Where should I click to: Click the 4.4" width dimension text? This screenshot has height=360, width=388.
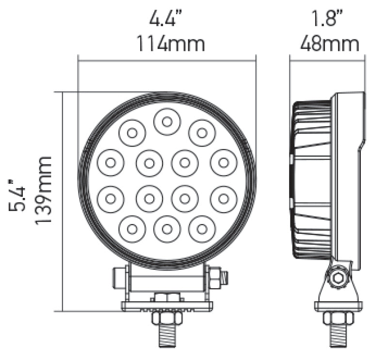(x=167, y=19)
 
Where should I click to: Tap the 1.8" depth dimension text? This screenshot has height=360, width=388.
(x=328, y=19)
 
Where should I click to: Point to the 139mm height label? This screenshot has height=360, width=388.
(x=44, y=190)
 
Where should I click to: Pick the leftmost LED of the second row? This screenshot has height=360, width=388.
(x=110, y=163)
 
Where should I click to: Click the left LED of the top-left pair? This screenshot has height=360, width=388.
(x=132, y=132)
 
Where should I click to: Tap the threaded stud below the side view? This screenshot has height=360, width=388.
(x=338, y=335)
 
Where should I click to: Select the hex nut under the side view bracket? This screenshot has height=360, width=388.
(x=338, y=318)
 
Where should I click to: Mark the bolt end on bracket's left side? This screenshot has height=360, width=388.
(x=116, y=278)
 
